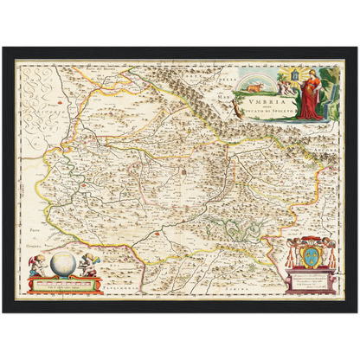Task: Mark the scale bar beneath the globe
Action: [x=63, y=283]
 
